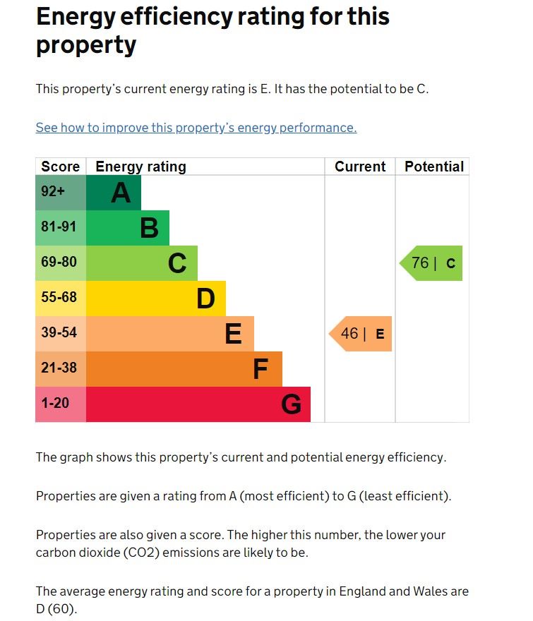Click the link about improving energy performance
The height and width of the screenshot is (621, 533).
pyautogui.click(x=196, y=128)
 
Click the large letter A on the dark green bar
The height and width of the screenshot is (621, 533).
pyautogui.click(x=121, y=193)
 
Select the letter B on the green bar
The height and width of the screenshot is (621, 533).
pyautogui.click(x=149, y=228)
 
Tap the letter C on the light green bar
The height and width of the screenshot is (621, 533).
pyautogui.click(x=177, y=263)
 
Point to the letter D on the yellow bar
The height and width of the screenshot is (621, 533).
pyautogui.click(x=205, y=299)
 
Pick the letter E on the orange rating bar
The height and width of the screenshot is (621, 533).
pyautogui.click(x=233, y=334)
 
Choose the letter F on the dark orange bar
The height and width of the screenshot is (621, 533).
pyautogui.click(x=260, y=369)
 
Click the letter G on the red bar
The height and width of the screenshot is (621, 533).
pyautogui.click(x=291, y=404)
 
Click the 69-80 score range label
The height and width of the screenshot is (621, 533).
pyautogui.click(x=59, y=263)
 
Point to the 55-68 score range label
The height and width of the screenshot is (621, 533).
pyautogui.click(x=59, y=298)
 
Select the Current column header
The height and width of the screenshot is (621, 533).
pyautogui.click(x=360, y=167)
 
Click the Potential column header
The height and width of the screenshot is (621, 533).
pyautogui.click(x=433, y=167)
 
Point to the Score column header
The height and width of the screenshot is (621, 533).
pyautogui.click(x=61, y=167)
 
